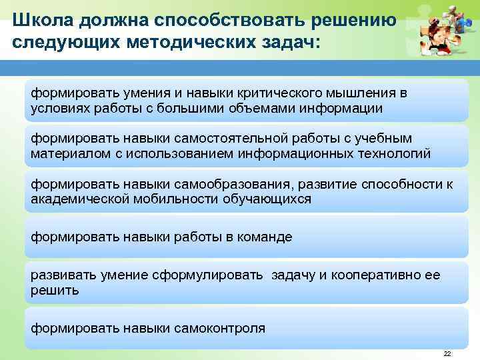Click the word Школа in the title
click(x=42, y=20)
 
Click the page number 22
click(x=447, y=353)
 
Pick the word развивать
click(x=62, y=275)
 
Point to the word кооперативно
click(x=374, y=275)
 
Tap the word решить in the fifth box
click(x=55, y=291)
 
